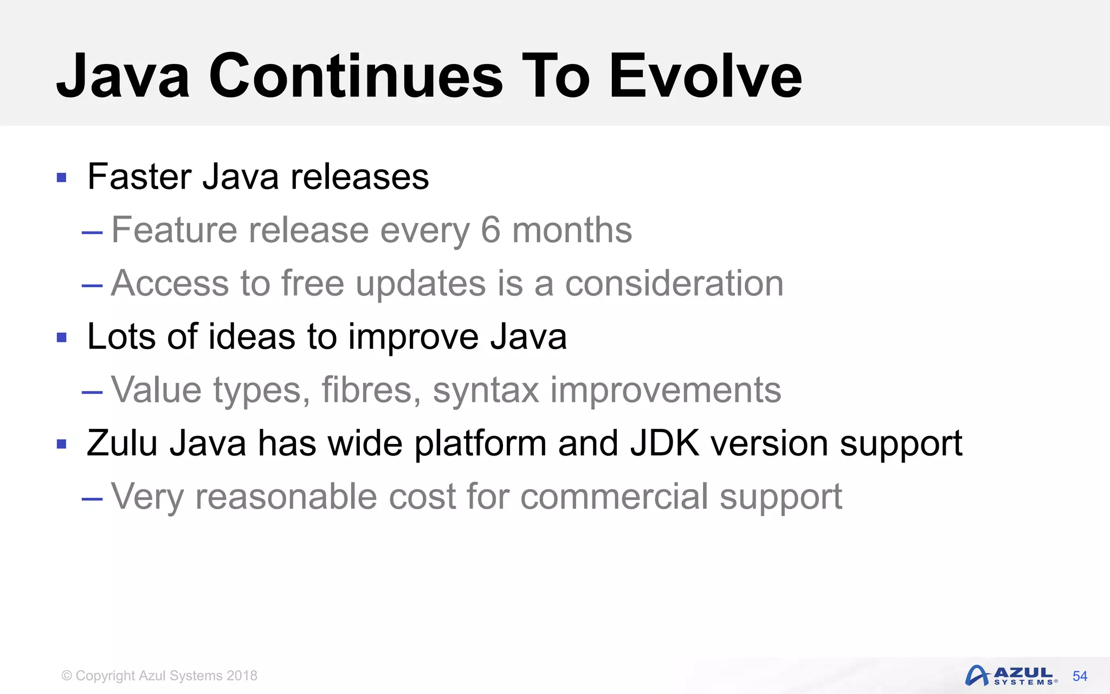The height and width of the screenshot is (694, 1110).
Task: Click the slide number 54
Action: click(1080, 676)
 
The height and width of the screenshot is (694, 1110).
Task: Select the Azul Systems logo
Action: click(1011, 676)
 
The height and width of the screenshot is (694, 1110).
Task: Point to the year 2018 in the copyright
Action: click(242, 676)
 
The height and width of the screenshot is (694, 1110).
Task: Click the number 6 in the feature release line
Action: click(490, 230)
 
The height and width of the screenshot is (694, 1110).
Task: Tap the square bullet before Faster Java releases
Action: click(62, 177)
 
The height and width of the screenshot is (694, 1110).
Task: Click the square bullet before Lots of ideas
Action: click(62, 338)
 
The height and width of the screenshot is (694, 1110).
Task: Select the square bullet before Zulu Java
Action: click(62, 445)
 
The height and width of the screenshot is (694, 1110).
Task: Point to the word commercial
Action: click(614, 497)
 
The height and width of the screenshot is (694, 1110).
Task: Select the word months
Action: click(572, 230)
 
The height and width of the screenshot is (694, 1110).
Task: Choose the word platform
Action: click(480, 444)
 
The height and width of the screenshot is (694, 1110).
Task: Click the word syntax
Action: click(486, 390)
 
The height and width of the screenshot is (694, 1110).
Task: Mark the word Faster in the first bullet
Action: click(139, 177)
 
